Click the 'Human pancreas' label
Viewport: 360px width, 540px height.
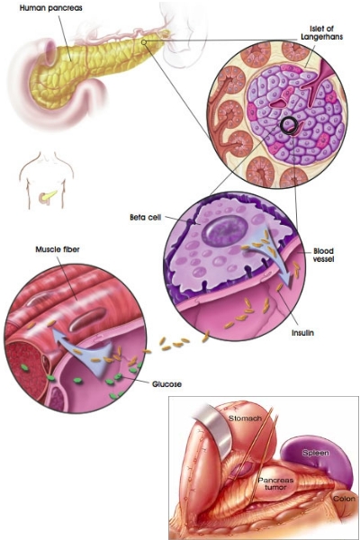[x=51, y=8]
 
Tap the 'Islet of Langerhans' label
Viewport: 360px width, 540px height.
[x=322, y=32]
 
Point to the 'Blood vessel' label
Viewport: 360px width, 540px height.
[x=323, y=255]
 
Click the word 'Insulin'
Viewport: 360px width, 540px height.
[x=302, y=333]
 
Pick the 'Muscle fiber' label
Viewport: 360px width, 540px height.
[x=58, y=249]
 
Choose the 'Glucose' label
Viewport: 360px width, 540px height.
[x=166, y=384]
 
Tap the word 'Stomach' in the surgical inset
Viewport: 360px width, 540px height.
[x=246, y=418]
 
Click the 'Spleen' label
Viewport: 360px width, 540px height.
[x=316, y=453]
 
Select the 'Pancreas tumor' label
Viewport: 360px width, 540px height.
[x=275, y=483]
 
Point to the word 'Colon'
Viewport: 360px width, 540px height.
[x=344, y=499]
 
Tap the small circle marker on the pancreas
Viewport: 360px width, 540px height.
[x=144, y=42]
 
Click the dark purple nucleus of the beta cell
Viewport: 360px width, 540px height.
[x=225, y=229]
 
